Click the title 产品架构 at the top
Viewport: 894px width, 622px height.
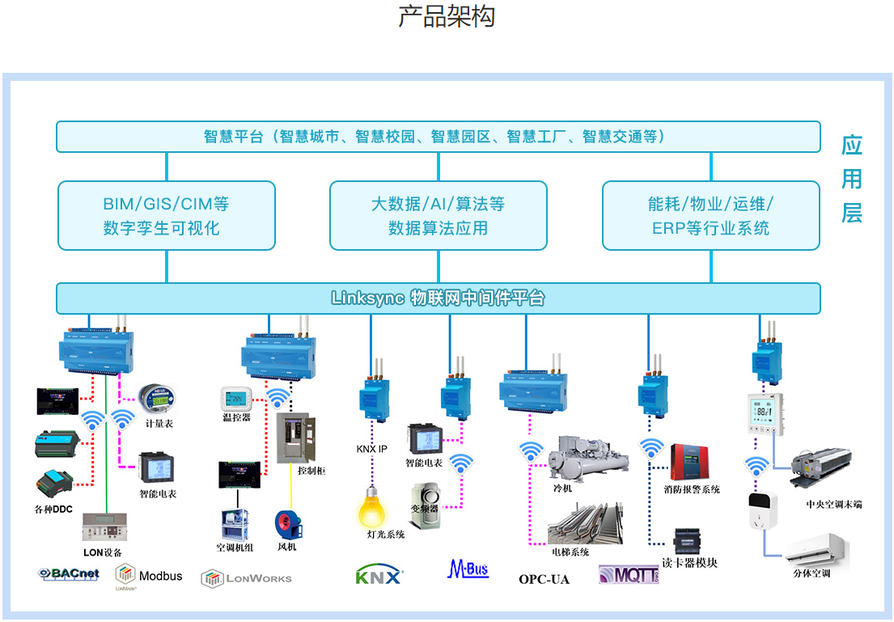tap(447, 17)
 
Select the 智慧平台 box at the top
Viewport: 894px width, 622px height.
tap(438, 137)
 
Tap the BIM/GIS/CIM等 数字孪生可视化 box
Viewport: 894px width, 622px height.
tap(167, 215)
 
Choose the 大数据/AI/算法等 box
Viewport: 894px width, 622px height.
tap(438, 215)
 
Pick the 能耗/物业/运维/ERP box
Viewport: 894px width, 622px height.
tap(710, 215)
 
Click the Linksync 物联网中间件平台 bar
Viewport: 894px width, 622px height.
tap(438, 298)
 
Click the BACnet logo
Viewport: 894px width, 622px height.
tap(70, 574)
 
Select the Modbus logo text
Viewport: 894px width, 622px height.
tap(160, 576)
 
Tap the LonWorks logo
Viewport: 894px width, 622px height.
tap(247, 578)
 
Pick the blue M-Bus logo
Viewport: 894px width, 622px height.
tap(468, 569)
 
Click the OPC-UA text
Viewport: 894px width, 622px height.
tap(544, 579)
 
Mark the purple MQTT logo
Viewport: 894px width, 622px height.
tap(629, 574)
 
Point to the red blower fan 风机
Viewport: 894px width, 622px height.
tap(287, 523)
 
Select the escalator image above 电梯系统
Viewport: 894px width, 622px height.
tap(584, 524)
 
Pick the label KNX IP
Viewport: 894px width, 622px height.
tap(371, 449)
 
